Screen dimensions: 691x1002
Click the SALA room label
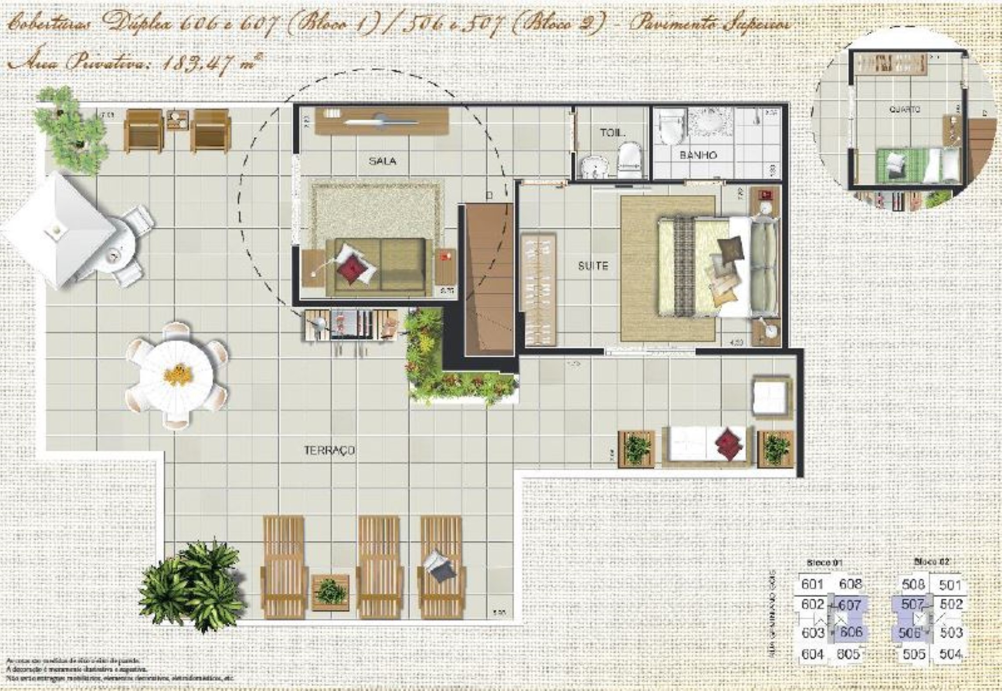pos(383,161)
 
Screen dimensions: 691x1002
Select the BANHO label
pos(698,155)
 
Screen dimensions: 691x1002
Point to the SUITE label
pos(593,265)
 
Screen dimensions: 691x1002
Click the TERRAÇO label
pos(329,451)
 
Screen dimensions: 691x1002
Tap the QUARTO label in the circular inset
pos(905,109)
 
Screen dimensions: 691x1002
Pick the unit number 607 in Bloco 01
pos(850,605)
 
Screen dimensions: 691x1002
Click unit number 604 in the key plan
pos(812,655)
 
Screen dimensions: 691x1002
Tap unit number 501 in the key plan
pos(951,585)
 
